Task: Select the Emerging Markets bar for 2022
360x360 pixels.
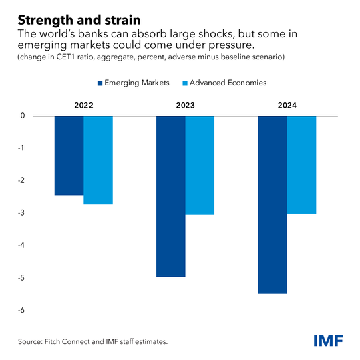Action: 69,155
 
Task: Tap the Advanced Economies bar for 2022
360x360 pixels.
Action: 98,160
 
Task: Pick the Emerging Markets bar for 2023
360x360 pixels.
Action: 171,196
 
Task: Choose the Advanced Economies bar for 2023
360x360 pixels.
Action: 200,165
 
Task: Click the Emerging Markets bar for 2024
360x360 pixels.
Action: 273,204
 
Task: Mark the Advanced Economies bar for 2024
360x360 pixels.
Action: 301,164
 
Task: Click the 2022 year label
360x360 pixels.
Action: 83,106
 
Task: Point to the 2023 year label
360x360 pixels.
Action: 185,106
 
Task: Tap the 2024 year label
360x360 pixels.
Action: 287,106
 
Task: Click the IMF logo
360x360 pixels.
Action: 328,341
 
